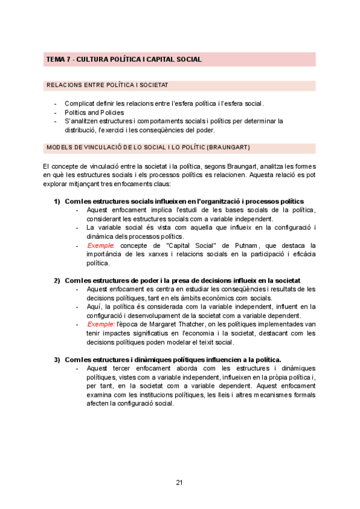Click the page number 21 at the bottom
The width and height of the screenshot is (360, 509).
pyautogui.click(x=179, y=482)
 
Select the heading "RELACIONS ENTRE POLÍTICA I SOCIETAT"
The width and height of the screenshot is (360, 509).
pyautogui.click(x=107, y=86)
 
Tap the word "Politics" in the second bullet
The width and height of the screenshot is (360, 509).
pyautogui.click(x=76, y=112)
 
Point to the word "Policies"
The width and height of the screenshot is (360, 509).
pyautogui.click(x=110, y=112)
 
